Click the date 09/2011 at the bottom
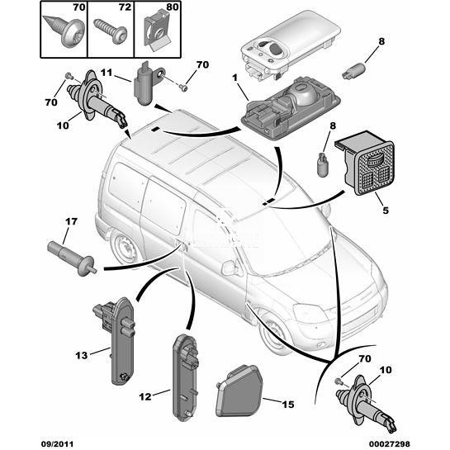pos(58,443)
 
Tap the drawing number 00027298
pos(389,443)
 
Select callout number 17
pos(71,221)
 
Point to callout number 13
pos(81,356)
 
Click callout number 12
pos(145,397)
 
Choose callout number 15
pos(288,405)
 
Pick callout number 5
pos(386,211)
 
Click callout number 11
pos(107,73)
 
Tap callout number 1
pos(235,78)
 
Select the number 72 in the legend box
pos(126,7)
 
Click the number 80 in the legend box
pos(173,7)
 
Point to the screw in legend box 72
pos(111,31)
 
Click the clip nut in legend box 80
pos(157,31)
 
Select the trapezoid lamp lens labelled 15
pos(239,391)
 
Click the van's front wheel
pos(272,333)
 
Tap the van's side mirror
pos(230,268)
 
